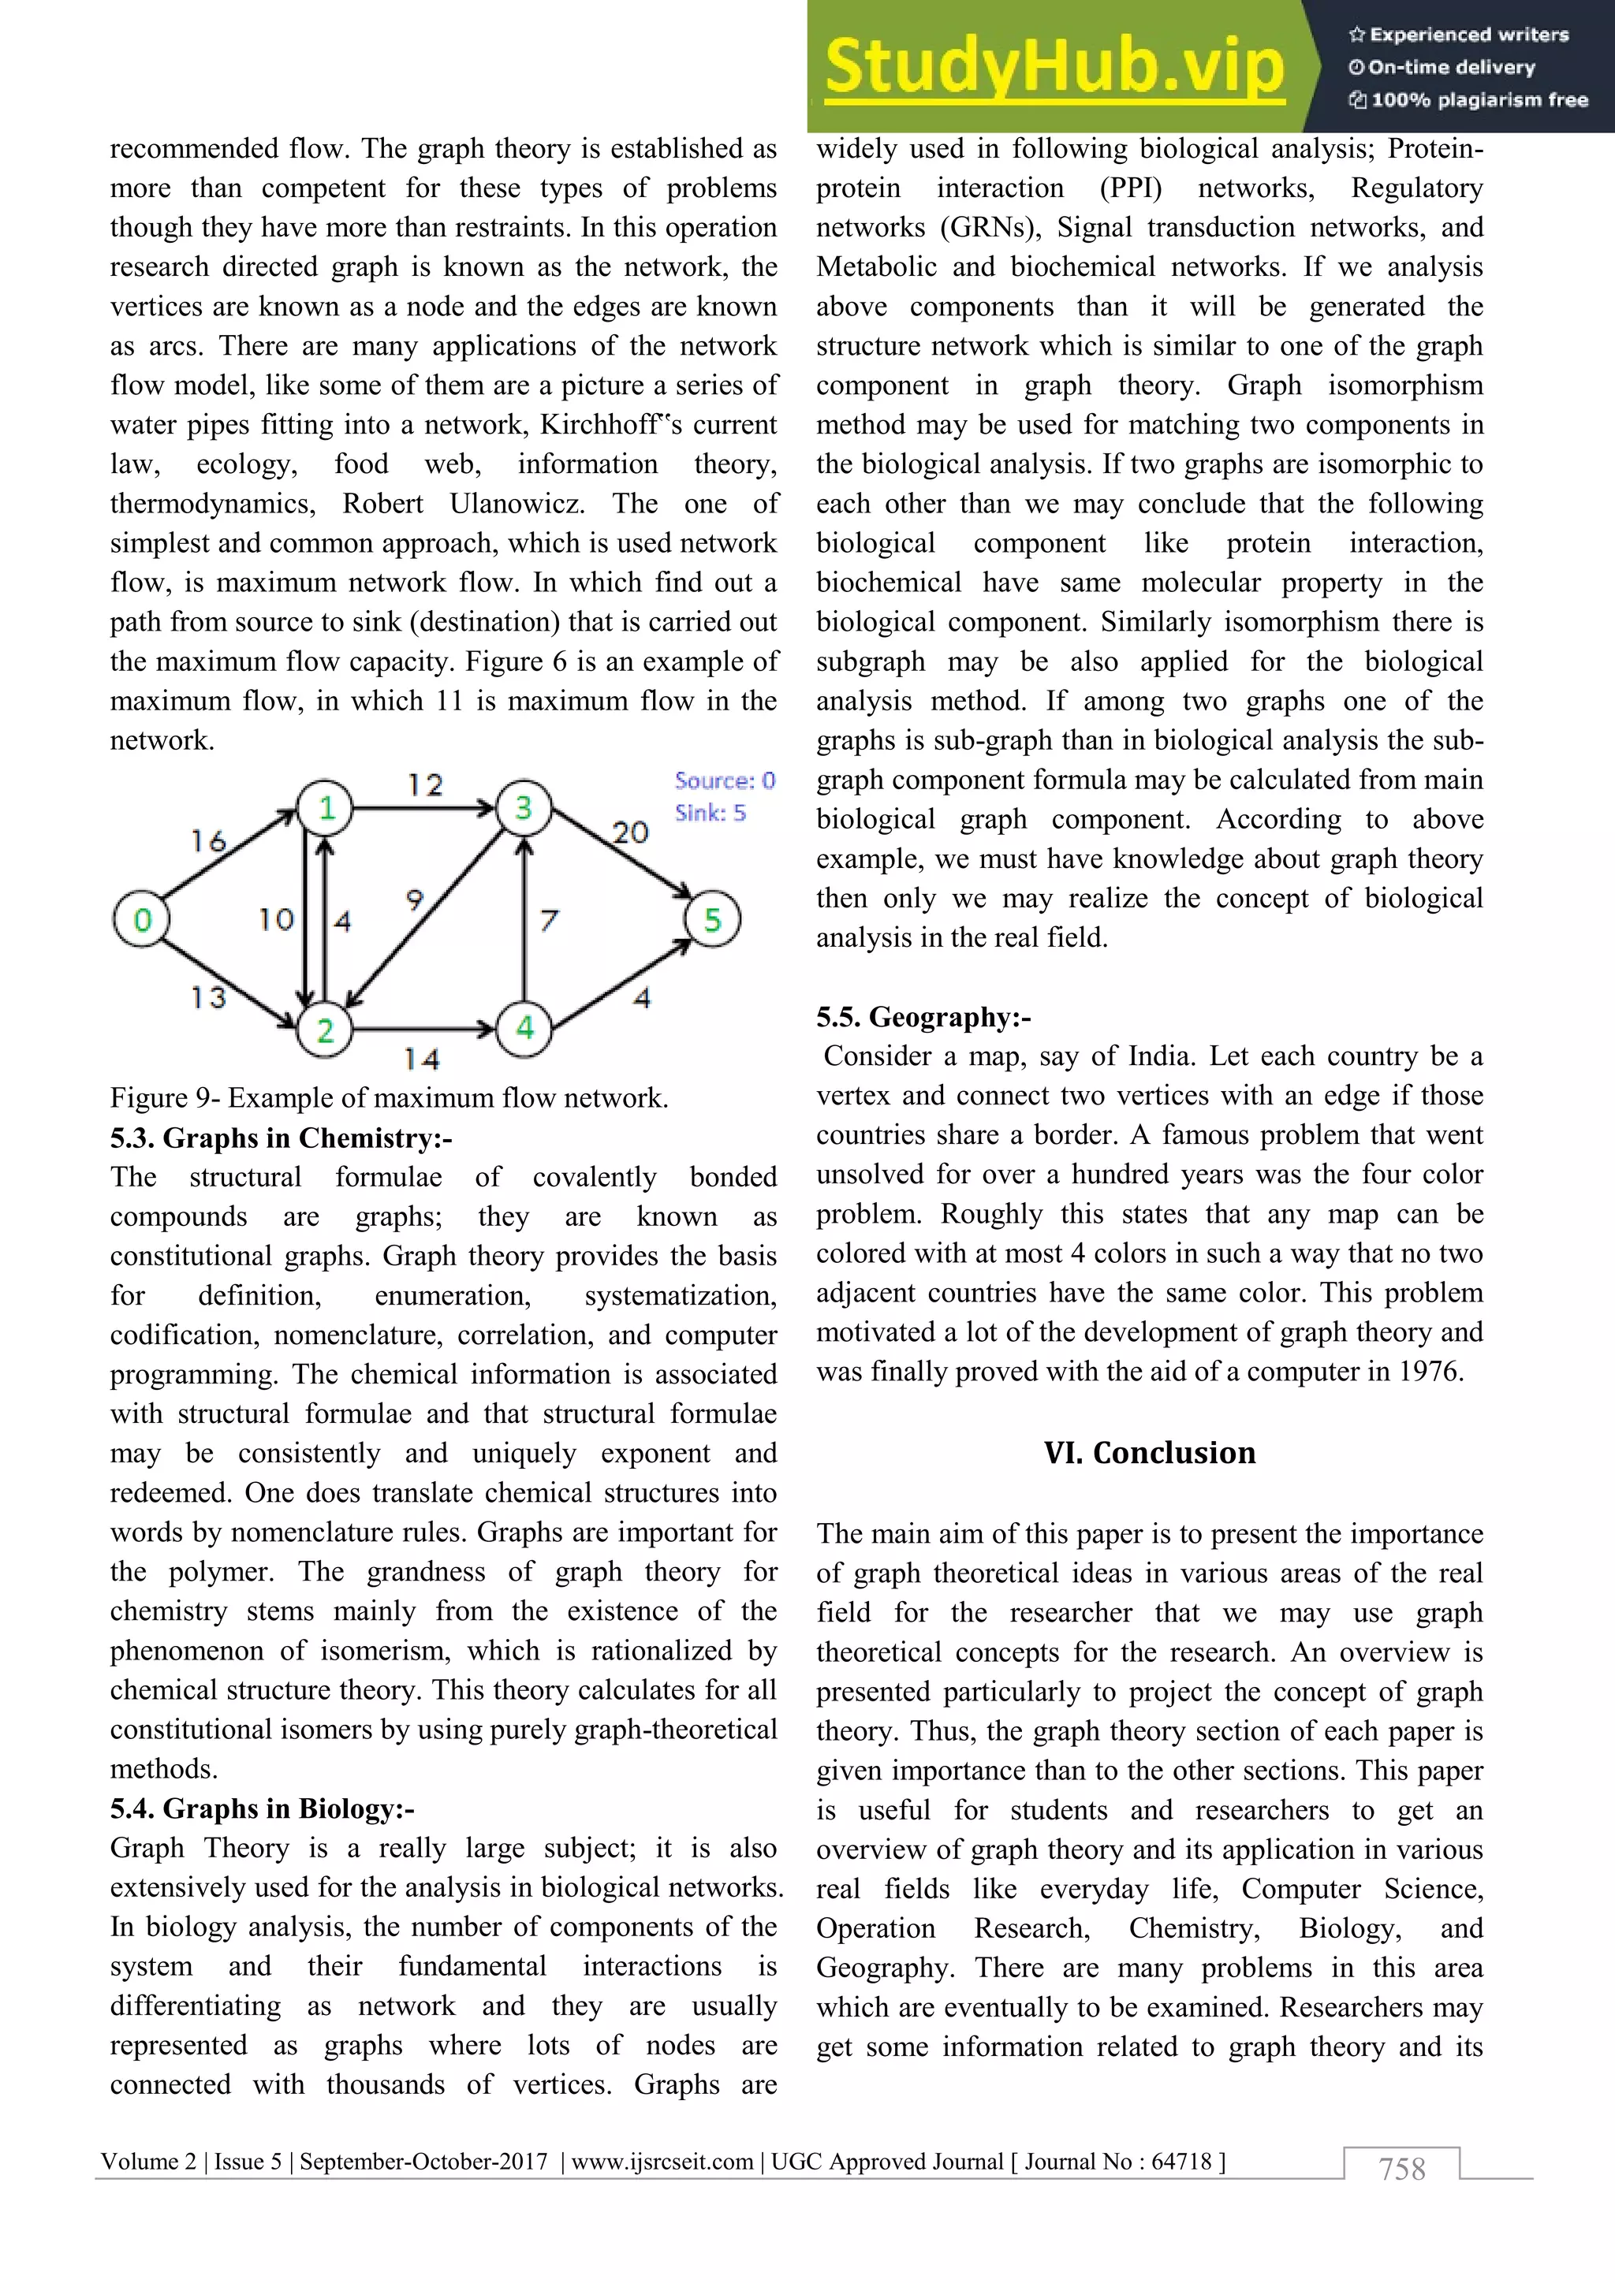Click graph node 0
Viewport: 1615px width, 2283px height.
point(141,920)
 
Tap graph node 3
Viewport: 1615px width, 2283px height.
point(523,807)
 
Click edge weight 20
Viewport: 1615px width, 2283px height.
point(629,832)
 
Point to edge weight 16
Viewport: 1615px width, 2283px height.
point(209,841)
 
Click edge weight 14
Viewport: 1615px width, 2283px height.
point(422,1059)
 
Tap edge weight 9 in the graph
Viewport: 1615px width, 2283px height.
point(415,899)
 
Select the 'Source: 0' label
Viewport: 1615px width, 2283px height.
point(724,780)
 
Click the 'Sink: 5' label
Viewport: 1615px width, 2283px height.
point(710,813)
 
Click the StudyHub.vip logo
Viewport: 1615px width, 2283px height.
point(1054,68)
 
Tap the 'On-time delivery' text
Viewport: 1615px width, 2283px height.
point(1451,68)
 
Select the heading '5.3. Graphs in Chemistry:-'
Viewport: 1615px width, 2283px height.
point(281,1138)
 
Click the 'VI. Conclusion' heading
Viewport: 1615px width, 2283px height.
point(1150,1453)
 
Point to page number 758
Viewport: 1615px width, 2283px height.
point(1401,2169)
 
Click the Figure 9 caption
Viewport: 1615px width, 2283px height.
point(389,1098)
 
